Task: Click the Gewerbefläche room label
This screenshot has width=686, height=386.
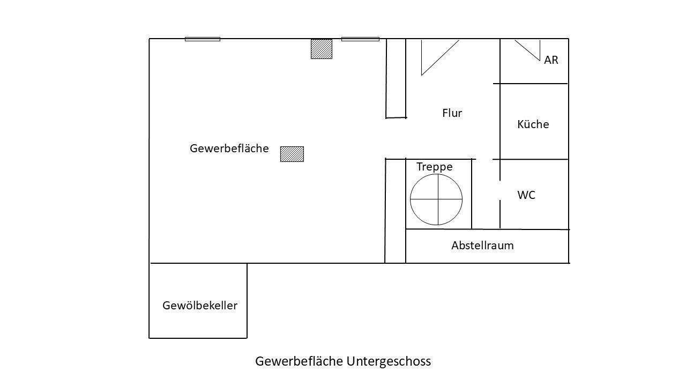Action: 229,149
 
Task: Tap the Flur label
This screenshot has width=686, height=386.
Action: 452,113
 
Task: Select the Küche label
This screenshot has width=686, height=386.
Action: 533,124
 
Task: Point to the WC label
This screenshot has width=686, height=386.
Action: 526,195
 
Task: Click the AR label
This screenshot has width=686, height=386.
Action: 551,60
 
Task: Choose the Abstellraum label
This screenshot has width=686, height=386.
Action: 482,246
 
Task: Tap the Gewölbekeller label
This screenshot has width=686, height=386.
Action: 200,306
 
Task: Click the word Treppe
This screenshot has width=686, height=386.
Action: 434,167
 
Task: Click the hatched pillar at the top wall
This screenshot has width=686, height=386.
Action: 322,49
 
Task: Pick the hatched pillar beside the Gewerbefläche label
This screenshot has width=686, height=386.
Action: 292,154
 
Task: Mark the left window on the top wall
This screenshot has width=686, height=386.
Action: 203,39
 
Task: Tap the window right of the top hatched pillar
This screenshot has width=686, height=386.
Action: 360,39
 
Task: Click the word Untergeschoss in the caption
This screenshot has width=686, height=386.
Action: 389,361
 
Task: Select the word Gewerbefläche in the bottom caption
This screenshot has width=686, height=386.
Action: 299,361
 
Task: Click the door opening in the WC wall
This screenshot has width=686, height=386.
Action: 500,190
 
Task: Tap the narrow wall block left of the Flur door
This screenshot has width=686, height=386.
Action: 396,78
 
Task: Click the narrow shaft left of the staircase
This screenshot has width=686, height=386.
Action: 396,211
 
